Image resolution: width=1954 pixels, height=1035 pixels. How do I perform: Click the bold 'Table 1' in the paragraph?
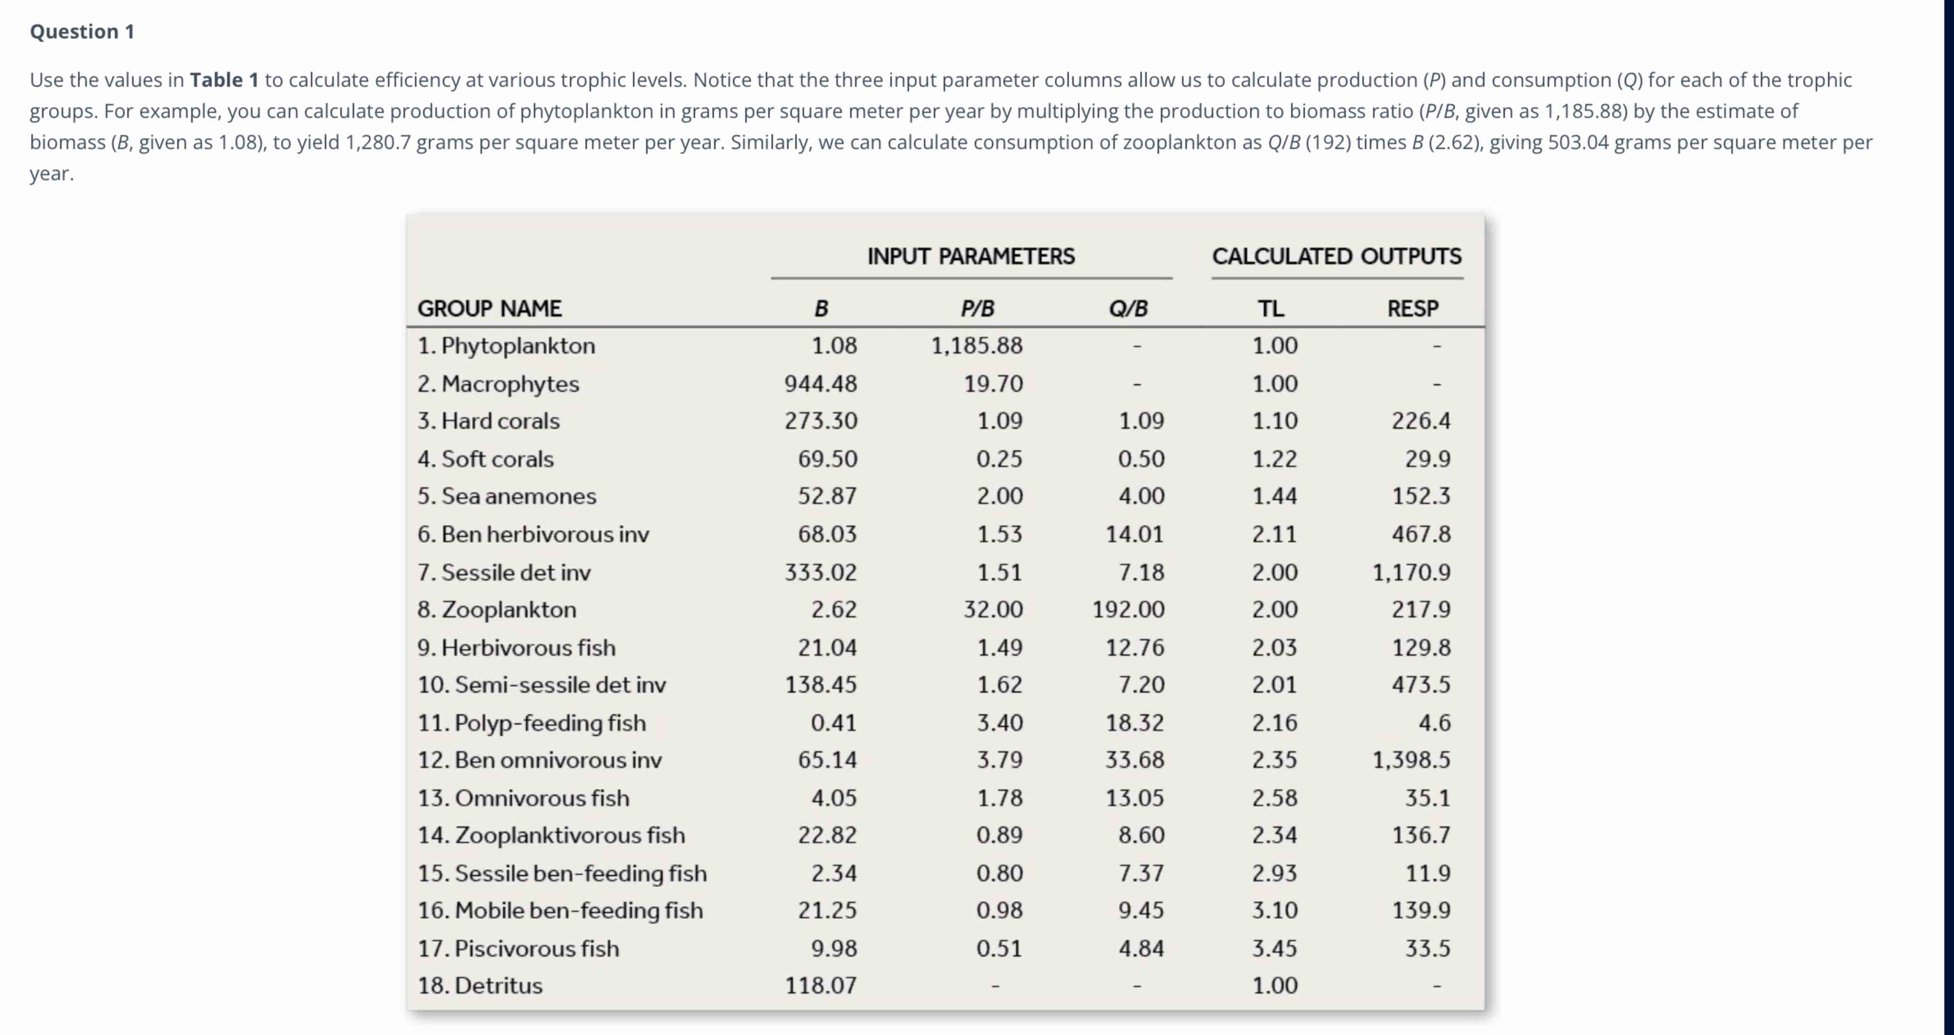click(224, 79)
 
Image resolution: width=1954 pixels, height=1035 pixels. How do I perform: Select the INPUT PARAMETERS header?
click(971, 256)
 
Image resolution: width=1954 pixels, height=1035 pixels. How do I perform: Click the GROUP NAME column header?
click(489, 309)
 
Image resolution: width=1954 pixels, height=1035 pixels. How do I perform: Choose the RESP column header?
click(1412, 309)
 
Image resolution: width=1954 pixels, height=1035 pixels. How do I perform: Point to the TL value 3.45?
click(1275, 949)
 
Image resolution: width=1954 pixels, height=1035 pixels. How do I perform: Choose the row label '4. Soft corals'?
click(486, 459)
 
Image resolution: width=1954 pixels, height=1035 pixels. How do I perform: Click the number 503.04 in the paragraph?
click(1578, 143)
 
